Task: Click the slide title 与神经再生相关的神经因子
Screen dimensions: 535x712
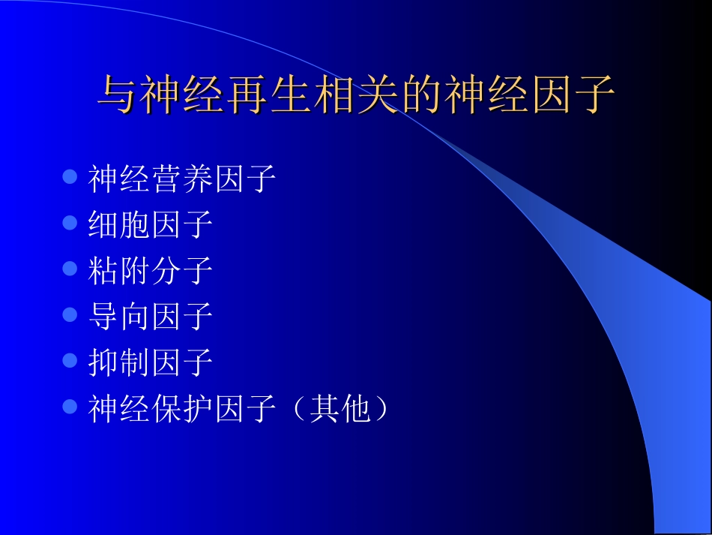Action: point(357,95)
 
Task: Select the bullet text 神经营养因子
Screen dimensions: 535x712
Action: point(182,179)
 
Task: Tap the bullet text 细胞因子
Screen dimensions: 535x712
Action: point(151,224)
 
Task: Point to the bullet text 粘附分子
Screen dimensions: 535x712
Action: point(151,270)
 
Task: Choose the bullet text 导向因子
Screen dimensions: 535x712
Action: point(151,316)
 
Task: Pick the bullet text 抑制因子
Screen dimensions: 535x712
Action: point(151,362)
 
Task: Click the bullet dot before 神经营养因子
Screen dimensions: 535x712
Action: point(70,178)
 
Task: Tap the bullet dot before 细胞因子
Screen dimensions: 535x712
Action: point(70,224)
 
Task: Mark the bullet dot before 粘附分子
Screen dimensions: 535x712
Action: point(70,269)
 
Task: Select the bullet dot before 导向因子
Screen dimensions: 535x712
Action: point(70,315)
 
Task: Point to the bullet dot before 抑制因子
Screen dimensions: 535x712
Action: point(70,361)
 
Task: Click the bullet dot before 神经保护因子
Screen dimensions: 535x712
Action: point(70,407)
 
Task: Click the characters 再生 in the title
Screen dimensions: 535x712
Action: point(248,96)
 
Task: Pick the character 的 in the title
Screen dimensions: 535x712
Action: point(421,96)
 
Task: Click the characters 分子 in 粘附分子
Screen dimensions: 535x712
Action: point(182,270)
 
